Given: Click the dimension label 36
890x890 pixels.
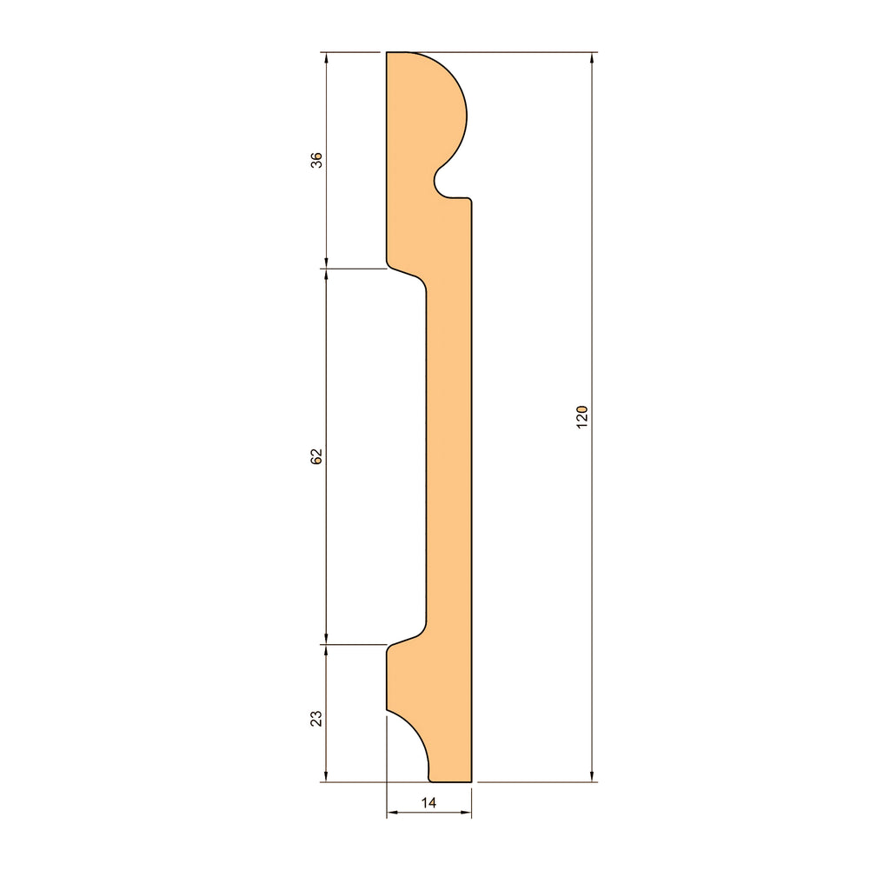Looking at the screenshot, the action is point(316,160).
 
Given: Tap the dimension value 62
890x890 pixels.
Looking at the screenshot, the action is point(316,456).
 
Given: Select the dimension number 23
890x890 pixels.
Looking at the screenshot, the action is point(316,719).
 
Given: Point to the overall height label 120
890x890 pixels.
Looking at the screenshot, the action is point(582,417).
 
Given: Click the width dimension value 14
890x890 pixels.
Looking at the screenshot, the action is point(428,802).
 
